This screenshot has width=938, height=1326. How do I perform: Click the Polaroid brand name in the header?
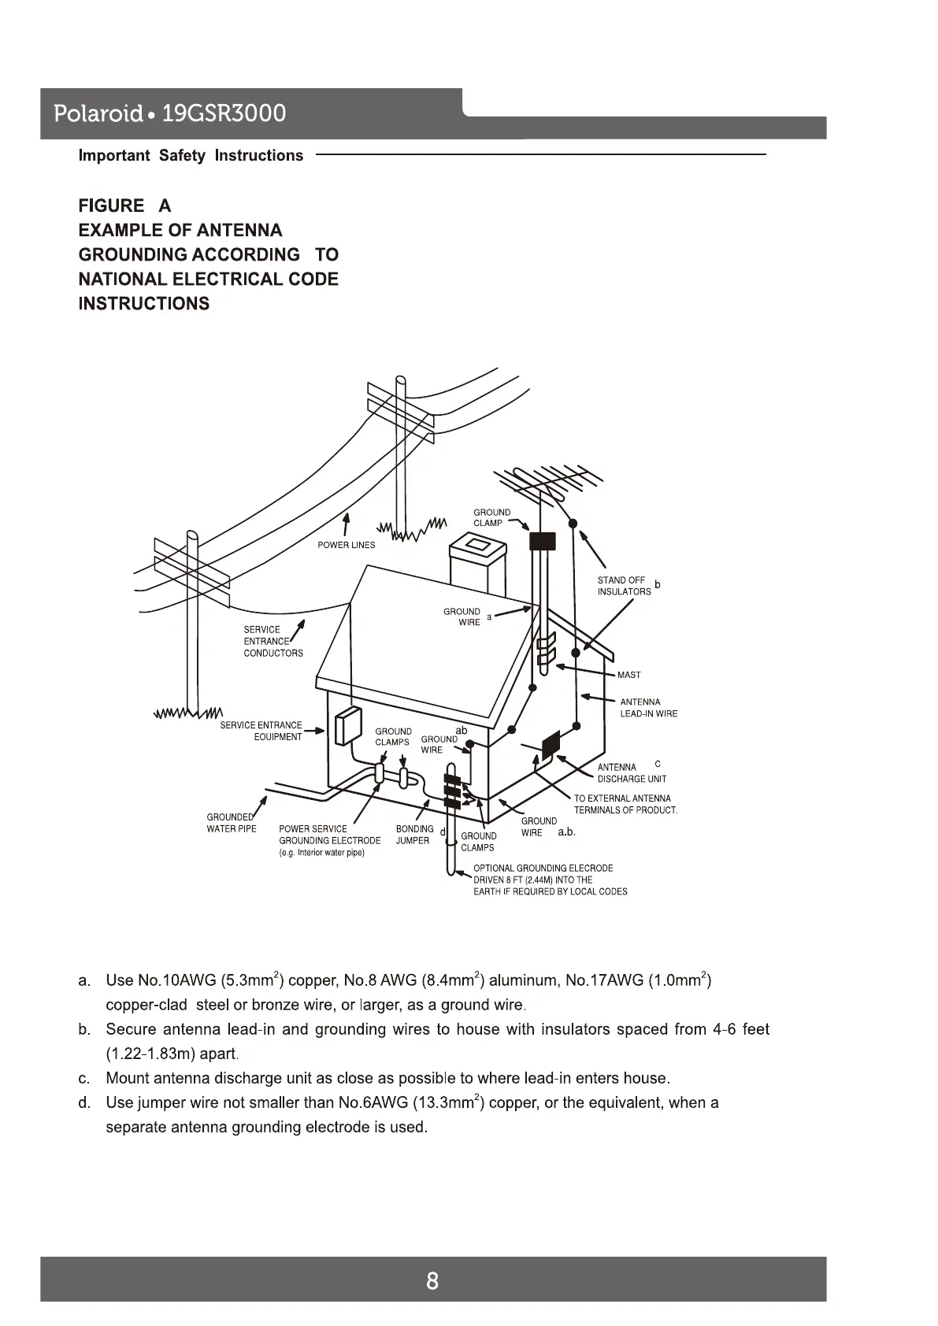tap(98, 114)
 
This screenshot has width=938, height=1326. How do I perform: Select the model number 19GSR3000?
tap(223, 114)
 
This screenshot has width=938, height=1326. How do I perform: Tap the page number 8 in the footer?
tap(432, 1281)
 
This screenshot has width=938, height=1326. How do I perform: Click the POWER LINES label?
tap(346, 545)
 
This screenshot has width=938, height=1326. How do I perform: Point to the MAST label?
tap(628, 675)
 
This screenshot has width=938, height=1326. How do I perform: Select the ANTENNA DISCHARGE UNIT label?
tap(631, 773)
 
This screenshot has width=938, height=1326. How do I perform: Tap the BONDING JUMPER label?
tap(414, 835)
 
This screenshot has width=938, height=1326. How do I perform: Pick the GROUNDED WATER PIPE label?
tap(231, 823)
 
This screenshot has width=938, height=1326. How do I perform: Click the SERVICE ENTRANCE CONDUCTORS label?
tap(273, 641)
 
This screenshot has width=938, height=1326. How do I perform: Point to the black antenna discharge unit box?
tap(551, 743)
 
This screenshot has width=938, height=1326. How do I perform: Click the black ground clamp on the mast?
tap(542, 541)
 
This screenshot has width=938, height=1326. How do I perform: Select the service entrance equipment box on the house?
tap(347, 725)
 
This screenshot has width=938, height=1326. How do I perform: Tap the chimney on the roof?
tap(476, 565)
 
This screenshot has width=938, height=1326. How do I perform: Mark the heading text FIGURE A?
tap(124, 206)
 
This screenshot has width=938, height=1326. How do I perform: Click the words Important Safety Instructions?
tap(191, 156)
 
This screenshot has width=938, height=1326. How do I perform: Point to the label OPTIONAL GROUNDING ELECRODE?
tap(543, 868)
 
